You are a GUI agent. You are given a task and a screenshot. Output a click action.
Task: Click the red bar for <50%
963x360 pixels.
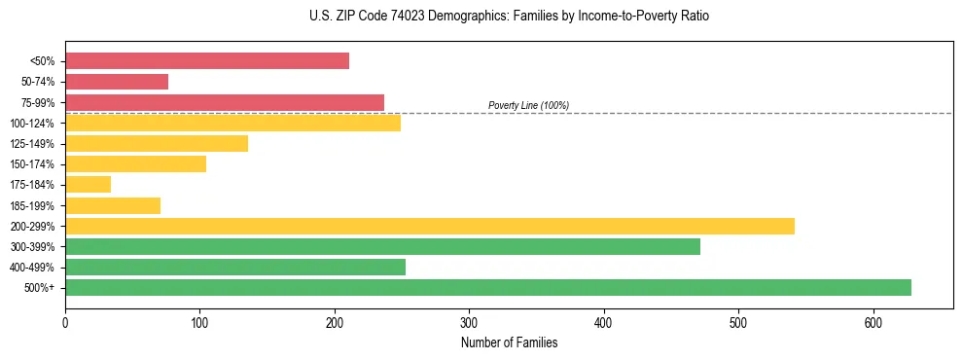click(x=207, y=61)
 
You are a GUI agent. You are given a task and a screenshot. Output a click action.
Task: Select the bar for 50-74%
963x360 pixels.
click(x=117, y=82)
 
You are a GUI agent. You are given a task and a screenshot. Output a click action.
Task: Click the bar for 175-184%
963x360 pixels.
click(x=88, y=184)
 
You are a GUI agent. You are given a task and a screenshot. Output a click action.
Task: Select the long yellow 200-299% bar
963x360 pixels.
click(x=429, y=226)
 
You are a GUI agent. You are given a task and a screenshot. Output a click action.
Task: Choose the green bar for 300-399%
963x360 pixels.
click(x=382, y=246)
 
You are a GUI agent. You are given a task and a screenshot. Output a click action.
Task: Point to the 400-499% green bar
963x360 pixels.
click(x=235, y=267)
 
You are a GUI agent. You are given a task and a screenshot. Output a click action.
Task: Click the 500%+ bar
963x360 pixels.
click(x=487, y=287)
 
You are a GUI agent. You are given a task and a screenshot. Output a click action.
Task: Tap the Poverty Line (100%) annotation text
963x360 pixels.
click(x=528, y=105)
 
